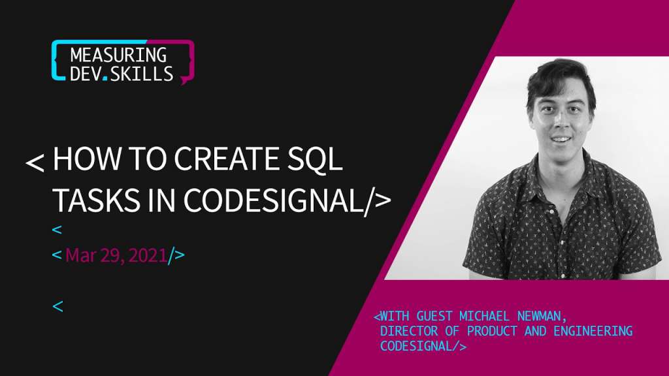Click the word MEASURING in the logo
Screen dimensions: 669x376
pos(118,55)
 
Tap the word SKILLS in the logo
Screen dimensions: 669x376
pos(142,74)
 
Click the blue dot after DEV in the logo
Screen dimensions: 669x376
pos(105,79)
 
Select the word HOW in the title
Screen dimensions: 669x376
pos(87,158)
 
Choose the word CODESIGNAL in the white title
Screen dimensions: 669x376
pos(273,200)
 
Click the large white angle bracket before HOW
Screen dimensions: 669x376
pos(35,163)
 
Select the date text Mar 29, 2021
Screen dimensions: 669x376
pos(116,255)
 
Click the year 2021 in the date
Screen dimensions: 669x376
pos(148,255)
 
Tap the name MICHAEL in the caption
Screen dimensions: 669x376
pos(484,316)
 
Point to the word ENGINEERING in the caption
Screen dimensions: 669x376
pos(593,331)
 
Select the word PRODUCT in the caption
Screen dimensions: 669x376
pos(492,331)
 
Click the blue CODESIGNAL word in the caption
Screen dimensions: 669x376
pos(416,346)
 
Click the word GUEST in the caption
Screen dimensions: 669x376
pos(434,316)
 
